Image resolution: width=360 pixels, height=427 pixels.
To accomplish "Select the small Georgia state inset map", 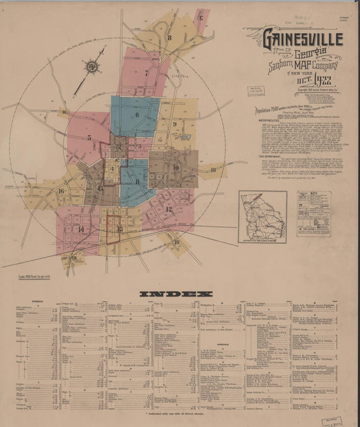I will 263,216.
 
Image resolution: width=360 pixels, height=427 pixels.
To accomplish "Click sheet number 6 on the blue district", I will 136,115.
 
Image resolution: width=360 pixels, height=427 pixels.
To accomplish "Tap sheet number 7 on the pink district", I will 146,72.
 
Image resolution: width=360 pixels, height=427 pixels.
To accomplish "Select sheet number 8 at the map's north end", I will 170,37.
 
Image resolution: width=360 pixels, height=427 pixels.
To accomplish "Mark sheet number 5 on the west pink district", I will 89,138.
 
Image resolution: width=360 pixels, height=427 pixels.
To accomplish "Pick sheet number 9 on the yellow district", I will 174,124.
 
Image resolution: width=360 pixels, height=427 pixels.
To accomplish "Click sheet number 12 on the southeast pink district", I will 169,209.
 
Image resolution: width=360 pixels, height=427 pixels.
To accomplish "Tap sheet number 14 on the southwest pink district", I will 81,229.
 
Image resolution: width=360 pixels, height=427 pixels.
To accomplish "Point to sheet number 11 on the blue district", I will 137,181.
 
